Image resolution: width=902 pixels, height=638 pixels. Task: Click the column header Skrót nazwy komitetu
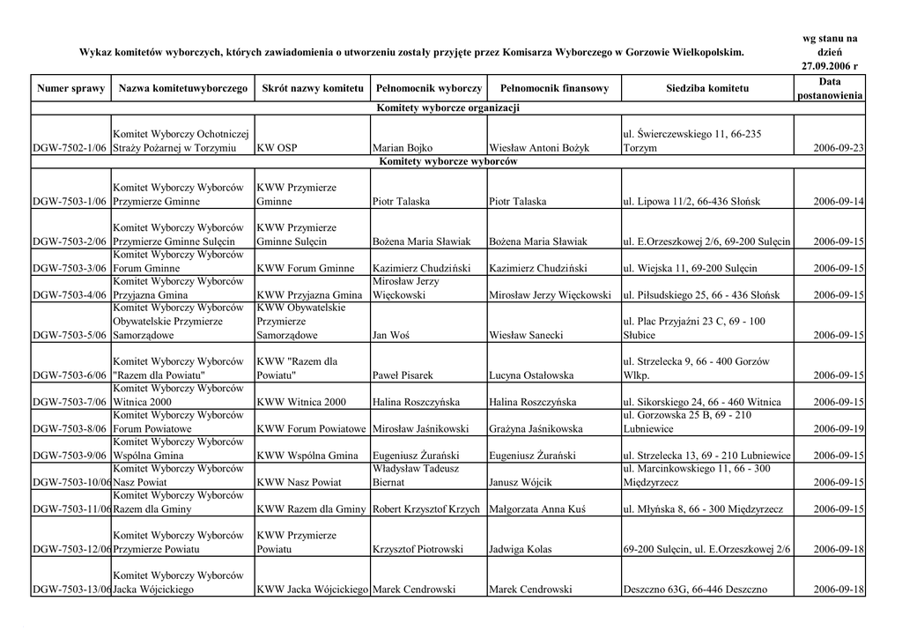[313, 89]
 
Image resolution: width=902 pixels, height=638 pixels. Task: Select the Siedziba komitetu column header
[707, 89]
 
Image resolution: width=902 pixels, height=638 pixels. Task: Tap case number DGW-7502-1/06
[70, 149]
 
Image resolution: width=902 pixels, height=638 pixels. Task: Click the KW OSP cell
[276, 149]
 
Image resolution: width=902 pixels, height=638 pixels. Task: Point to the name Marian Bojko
[403, 149]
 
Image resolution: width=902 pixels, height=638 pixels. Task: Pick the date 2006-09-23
[838, 149]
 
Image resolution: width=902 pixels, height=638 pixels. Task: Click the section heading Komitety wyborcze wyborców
[447, 162]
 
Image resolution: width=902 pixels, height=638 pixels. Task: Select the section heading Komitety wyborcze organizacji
[447, 108]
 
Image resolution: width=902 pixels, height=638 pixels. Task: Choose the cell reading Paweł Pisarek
[403, 375]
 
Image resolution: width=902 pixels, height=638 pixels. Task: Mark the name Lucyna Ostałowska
[531, 375]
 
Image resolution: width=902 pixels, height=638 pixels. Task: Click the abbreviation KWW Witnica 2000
[301, 403]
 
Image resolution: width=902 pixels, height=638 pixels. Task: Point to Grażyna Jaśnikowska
[536, 429]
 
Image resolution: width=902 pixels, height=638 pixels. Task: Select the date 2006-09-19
[838, 429]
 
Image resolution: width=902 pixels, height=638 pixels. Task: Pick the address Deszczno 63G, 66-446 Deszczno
[694, 590]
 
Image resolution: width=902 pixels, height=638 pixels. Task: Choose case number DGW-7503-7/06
[70, 403]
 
